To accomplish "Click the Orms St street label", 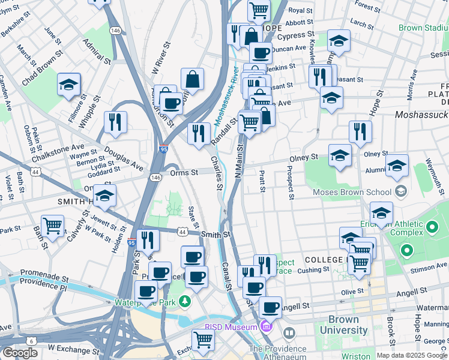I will click(183, 172).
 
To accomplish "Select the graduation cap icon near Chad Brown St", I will click(69, 85).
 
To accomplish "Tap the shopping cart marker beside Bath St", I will click(52, 226).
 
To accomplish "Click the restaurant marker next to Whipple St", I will click(115, 122).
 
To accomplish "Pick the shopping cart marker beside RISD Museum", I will click(203, 340).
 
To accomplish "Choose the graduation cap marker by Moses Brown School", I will click(381, 212).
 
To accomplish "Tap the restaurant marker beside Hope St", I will click(360, 131).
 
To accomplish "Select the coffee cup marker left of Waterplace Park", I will click(146, 292).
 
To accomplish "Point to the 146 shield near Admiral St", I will click(115, 30).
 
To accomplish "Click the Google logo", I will click(20, 353).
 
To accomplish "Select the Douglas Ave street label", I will click(123, 158).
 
